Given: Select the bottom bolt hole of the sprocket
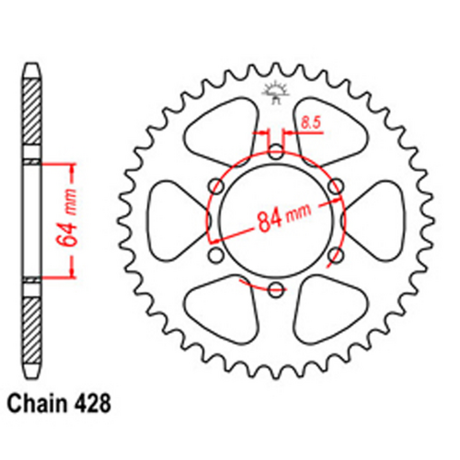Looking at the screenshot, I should [274, 290].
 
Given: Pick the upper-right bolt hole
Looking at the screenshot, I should [335, 185].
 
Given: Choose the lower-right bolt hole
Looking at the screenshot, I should [335, 255].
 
